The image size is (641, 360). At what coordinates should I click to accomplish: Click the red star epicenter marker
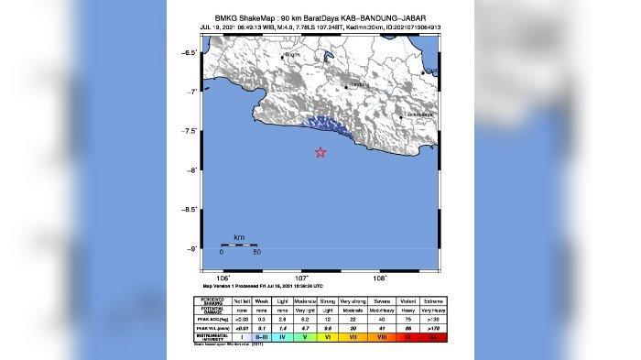pyautogui.click(x=320, y=153)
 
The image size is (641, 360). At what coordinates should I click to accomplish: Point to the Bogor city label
pyautogui.click(x=292, y=56)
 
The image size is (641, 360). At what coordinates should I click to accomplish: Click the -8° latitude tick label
pyautogui.click(x=190, y=170)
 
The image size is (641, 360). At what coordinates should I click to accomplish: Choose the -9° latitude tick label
pyautogui.click(x=190, y=249)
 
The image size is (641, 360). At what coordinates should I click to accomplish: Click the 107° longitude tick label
pyautogui.click(x=301, y=277)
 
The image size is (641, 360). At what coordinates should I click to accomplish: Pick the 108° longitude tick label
pyautogui.click(x=380, y=277)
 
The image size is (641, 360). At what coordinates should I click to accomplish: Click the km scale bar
pyautogui.click(x=239, y=245)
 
